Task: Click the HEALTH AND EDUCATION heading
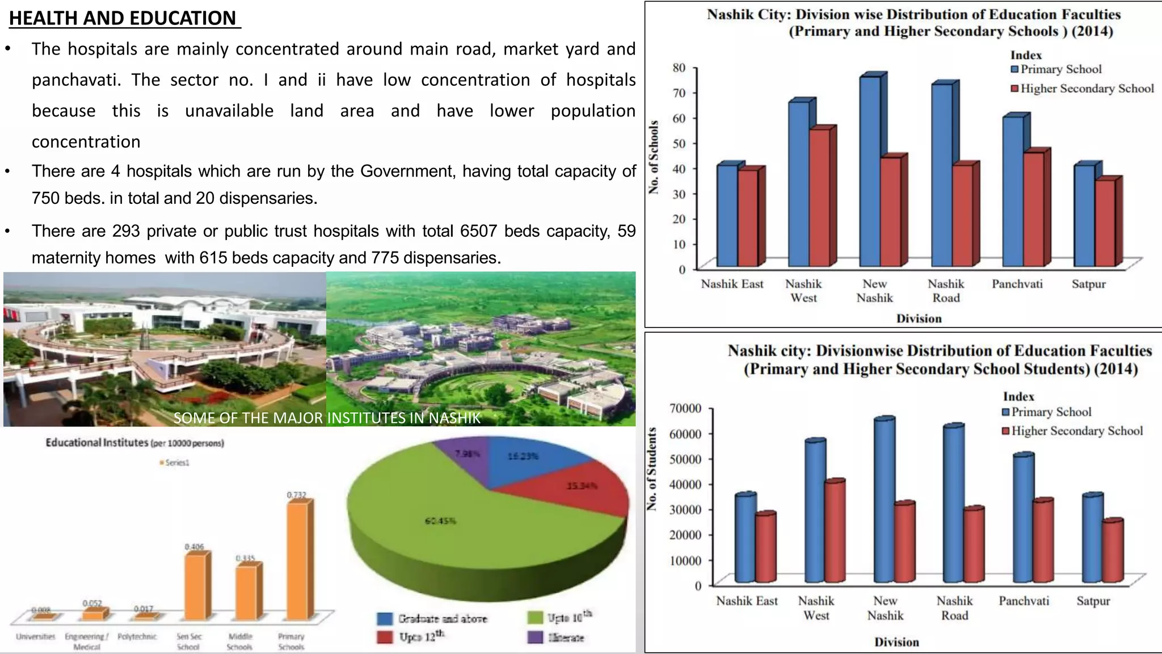click(124, 18)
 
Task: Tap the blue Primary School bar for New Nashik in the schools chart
click(870, 170)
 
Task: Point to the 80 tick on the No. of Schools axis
click(679, 68)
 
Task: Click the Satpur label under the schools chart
click(1088, 284)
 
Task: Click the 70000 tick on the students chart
click(685, 408)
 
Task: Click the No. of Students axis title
click(652, 468)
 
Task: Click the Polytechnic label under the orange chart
click(137, 636)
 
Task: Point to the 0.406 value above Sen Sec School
click(194, 547)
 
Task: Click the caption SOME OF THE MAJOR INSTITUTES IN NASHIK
click(327, 418)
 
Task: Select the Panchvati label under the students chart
click(1024, 601)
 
